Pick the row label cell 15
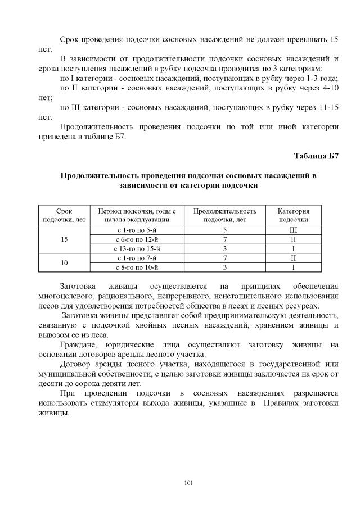[64, 239]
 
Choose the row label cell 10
[64, 262]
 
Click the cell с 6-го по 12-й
[137, 239]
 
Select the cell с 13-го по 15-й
[137, 248]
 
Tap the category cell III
[293, 230]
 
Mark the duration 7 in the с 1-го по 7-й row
[224, 258]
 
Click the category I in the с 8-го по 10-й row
[293, 267]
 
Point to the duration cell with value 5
[224, 230]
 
